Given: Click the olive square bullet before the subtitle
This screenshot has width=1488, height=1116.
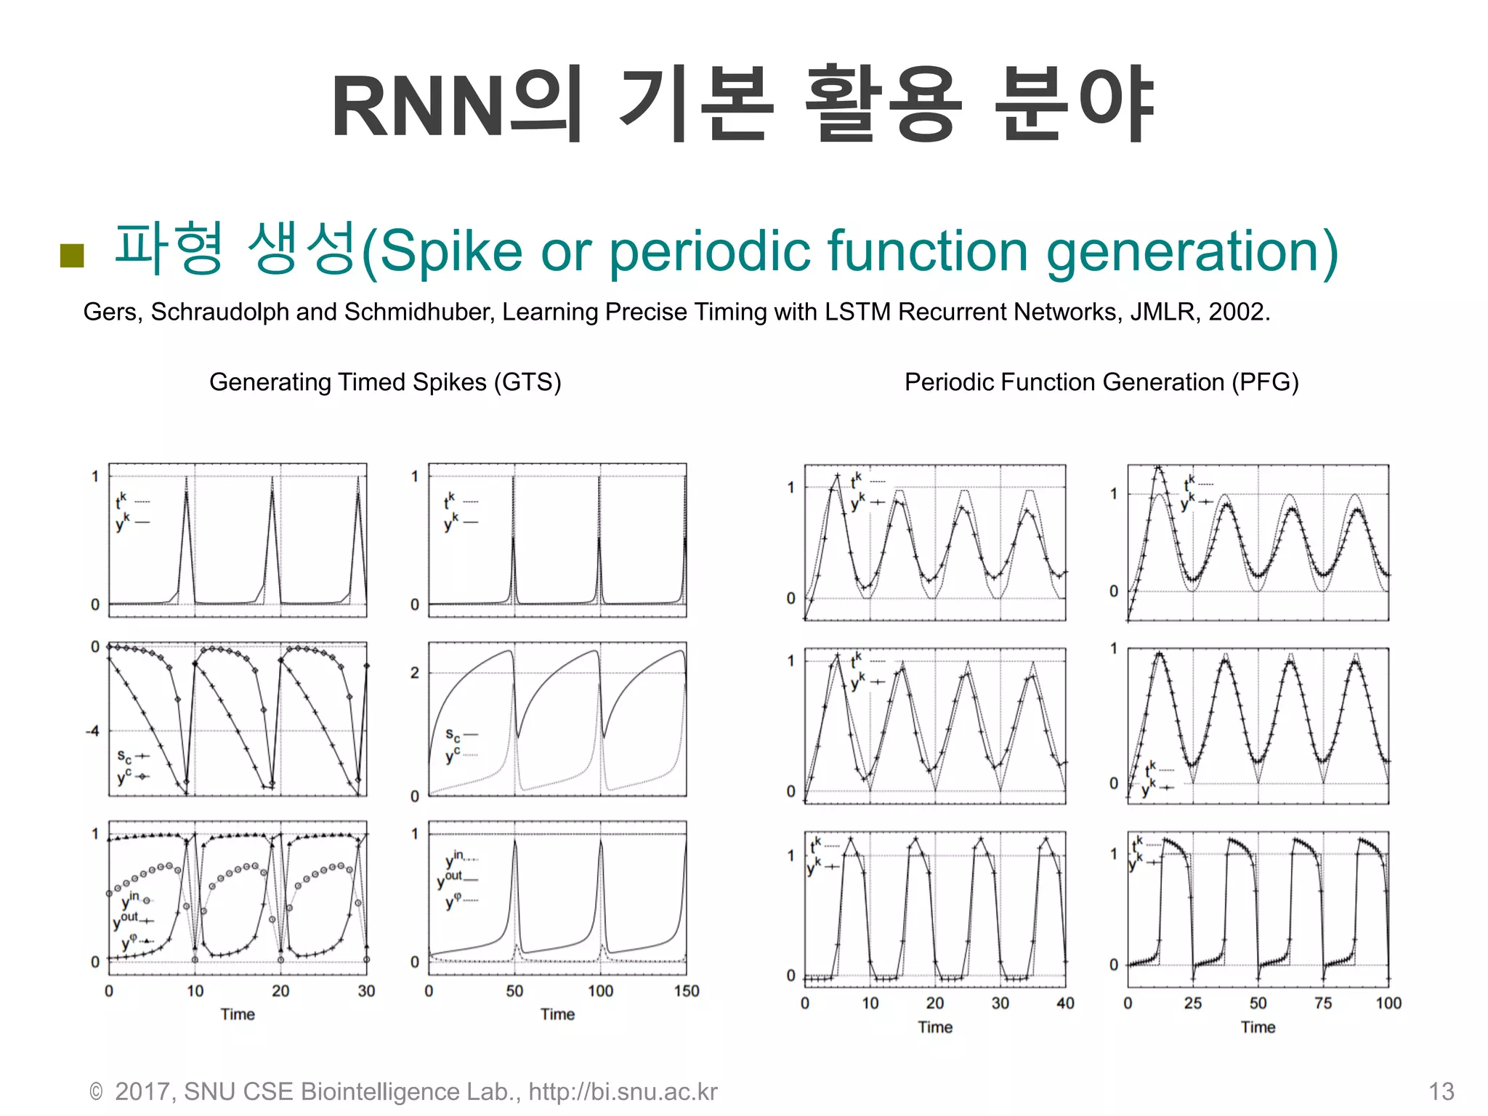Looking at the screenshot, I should point(72,255).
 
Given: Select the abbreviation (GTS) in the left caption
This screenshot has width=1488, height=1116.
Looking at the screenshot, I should point(527,382).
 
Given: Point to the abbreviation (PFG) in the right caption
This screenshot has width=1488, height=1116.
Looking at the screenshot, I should point(1265,382).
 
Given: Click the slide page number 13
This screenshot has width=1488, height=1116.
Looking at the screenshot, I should point(1441,1091).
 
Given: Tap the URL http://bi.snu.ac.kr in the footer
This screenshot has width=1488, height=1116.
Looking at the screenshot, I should point(623,1091).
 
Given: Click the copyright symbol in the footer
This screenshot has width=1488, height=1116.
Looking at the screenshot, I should point(96,1092).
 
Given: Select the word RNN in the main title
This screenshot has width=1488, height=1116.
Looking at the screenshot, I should point(418,108).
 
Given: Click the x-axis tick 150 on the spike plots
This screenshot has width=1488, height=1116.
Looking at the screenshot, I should point(686,991).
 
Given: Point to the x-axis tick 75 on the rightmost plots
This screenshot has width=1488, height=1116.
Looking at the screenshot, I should point(1323,1003).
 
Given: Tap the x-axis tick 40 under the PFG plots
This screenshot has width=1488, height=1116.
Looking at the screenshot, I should point(1065,1003).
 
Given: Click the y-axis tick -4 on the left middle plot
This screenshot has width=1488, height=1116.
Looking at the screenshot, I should point(92,731).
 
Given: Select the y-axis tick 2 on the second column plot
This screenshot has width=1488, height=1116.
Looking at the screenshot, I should point(414,673).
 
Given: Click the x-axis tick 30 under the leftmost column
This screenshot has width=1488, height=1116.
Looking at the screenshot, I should point(366,991).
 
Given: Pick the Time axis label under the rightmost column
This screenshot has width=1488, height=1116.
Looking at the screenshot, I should point(1258,1027).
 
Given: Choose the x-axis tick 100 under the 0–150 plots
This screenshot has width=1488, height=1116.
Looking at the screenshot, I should point(600,991).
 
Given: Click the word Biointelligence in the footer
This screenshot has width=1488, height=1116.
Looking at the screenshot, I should point(379,1091).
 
